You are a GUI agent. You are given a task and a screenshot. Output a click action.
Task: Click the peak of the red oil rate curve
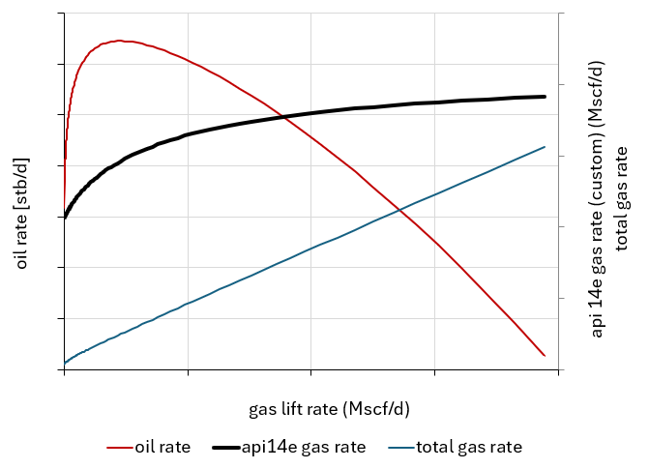pyautogui.click(x=119, y=41)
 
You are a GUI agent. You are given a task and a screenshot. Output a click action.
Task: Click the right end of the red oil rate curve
pyautogui.click(x=545, y=356)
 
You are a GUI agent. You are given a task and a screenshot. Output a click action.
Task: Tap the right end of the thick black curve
pyautogui.click(x=546, y=97)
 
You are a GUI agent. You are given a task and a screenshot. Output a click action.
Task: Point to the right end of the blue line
pyautogui.click(x=546, y=147)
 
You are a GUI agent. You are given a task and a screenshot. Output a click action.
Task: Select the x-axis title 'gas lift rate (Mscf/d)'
pyautogui.click(x=329, y=408)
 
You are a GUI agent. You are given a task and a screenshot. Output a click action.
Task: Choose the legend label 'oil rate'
pyautogui.click(x=162, y=447)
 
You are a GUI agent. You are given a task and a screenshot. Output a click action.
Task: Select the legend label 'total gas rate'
pyautogui.click(x=469, y=447)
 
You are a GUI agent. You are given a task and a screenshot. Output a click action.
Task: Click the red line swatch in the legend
pyautogui.click(x=119, y=448)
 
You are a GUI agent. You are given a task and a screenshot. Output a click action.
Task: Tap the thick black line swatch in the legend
pyautogui.click(x=224, y=448)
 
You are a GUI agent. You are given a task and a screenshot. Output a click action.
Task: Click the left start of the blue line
pyautogui.click(x=65, y=363)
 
